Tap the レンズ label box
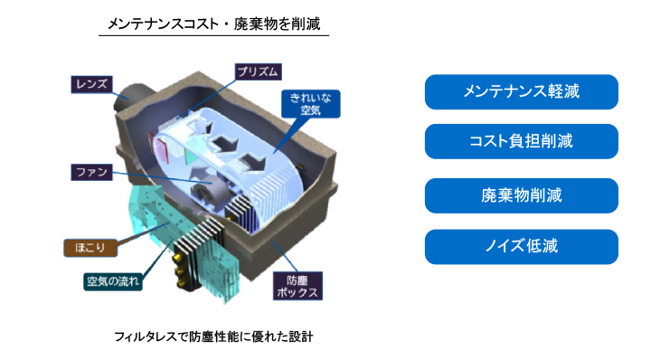92,84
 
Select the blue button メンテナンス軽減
522,92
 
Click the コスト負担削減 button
522,142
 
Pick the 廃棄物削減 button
522,195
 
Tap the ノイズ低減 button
522,247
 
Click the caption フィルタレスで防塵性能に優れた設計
213,336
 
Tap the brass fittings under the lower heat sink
180,270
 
